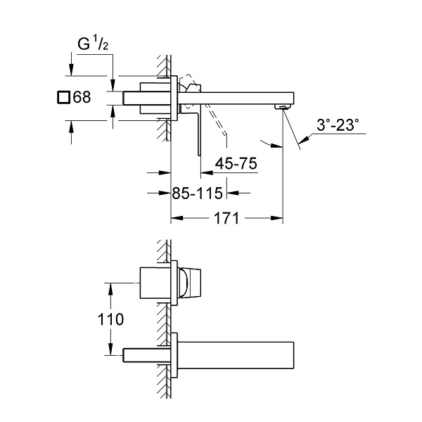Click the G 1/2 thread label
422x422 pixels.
[93, 44]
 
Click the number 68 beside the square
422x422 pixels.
[82, 97]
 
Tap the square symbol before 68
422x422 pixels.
[64, 97]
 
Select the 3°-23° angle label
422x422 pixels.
[338, 125]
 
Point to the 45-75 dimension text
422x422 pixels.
[236, 163]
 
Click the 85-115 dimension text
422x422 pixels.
[197, 193]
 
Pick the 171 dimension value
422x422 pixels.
[226, 218]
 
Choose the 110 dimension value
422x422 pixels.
[110, 319]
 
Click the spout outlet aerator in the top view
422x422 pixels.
[282, 107]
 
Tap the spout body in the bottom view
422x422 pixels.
[236, 355]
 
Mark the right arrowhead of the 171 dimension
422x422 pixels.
[277, 218]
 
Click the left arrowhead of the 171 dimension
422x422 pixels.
[177, 218]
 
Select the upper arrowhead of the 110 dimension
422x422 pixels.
[110, 289]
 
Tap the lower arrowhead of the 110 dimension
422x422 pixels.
[110, 349]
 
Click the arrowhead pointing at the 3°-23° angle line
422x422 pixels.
[303, 140]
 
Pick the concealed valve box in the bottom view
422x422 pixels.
[155, 283]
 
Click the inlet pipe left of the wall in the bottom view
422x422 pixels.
[147, 355]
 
